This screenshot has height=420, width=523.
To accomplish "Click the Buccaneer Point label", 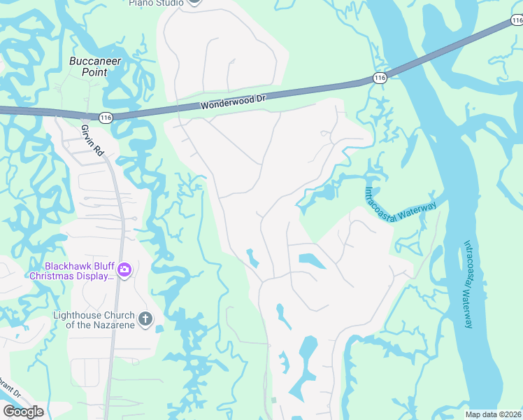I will point(95,66).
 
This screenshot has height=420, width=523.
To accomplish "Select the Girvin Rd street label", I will point(92,140).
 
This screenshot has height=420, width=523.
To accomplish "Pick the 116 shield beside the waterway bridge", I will point(380,78).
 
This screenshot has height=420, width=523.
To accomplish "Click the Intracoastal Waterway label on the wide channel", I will point(468,283).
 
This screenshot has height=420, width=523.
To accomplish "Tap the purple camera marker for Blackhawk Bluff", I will point(124,269).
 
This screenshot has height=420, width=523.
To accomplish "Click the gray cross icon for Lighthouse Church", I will point(145,319).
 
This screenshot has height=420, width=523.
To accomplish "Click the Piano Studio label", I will point(156,3).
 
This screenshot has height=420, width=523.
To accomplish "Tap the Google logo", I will point(23,412).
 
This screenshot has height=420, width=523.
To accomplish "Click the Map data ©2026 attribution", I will point(494,414).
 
